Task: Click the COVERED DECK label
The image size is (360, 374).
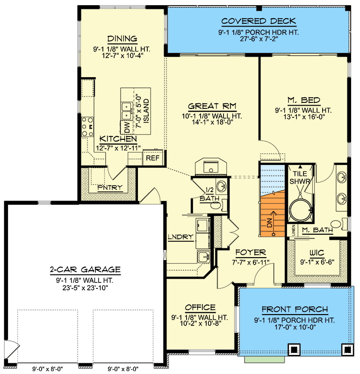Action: click(259, 21)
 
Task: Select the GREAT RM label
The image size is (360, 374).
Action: click(212, 106)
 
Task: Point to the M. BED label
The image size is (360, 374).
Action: click(304, 100)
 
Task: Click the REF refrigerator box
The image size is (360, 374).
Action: click(152, 158)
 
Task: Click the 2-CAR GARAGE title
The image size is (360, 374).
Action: click(85, 270)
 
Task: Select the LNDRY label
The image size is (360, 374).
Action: click(180, 237)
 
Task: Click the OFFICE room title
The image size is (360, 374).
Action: click(200, 308)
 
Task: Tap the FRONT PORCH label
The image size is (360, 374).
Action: click(295, 309)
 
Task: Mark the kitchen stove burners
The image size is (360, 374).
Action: click(87, 127)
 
